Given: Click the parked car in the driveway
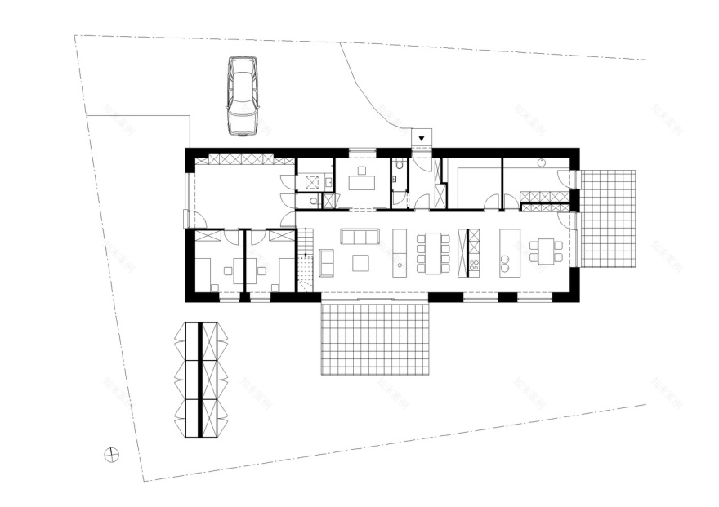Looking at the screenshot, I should click(x=241, y=95).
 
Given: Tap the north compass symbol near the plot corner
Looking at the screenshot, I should click(x=112, y=456).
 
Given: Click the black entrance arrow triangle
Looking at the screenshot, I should click(x=422, y=139).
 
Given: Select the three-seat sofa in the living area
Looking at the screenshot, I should click(x=359, y=237).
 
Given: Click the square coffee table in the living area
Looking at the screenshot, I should click(x=360, y=261).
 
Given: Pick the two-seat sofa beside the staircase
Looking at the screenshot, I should click(x=326, y=262).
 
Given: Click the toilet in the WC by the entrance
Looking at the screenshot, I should click(x=398, y=167).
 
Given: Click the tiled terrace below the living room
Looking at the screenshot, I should click(x=376, y=338).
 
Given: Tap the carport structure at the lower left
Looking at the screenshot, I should click(x=200, y=380).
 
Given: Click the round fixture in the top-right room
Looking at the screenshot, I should click(x=541, y=163).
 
